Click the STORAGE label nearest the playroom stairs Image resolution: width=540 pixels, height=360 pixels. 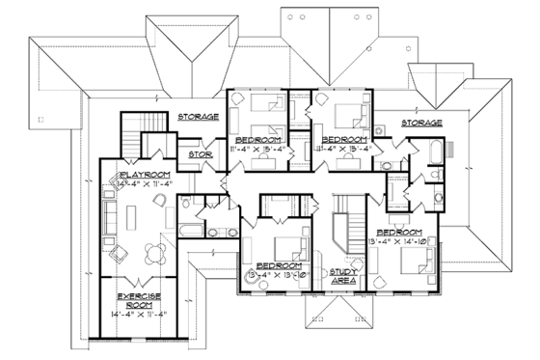198,117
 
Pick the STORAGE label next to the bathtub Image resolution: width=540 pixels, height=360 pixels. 415,123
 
